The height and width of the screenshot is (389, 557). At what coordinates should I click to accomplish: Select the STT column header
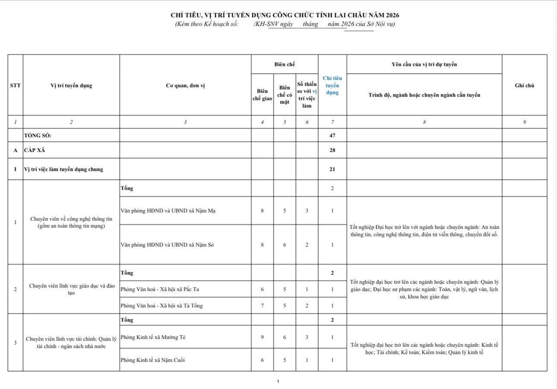(15, 85)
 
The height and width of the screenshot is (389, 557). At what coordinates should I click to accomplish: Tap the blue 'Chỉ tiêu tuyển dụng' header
(332, 85)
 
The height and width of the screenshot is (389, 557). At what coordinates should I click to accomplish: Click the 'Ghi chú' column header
(524, 85)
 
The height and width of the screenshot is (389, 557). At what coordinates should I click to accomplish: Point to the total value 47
(332, 136)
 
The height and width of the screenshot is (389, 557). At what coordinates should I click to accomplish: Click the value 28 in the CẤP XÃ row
(332, 150)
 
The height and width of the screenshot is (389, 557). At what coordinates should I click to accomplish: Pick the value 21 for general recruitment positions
(332, 169)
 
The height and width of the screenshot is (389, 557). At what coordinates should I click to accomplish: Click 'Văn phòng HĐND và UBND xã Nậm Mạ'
(168, 211)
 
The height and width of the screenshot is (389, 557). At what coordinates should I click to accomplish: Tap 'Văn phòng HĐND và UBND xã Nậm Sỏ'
(168, 245)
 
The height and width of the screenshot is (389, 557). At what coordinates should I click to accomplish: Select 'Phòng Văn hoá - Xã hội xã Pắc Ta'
(160, 289)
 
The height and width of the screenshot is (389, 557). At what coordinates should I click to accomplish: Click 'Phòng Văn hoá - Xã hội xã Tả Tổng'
(161, 306)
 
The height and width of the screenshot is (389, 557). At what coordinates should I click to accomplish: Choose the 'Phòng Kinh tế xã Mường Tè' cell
(153, 337)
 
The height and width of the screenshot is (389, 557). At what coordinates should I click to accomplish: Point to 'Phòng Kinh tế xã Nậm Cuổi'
(153, 360)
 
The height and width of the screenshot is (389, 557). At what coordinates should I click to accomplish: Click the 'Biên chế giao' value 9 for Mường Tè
(262, 337)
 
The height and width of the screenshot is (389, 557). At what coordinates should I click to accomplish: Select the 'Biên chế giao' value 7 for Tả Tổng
(262, 306)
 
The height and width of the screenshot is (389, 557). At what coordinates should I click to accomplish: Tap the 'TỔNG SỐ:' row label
(38, 136)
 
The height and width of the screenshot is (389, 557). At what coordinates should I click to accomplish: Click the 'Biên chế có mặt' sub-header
(285, 95)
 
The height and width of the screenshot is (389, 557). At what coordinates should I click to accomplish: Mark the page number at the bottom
(278, 381)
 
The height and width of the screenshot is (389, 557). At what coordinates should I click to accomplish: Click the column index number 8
(424, 122)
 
